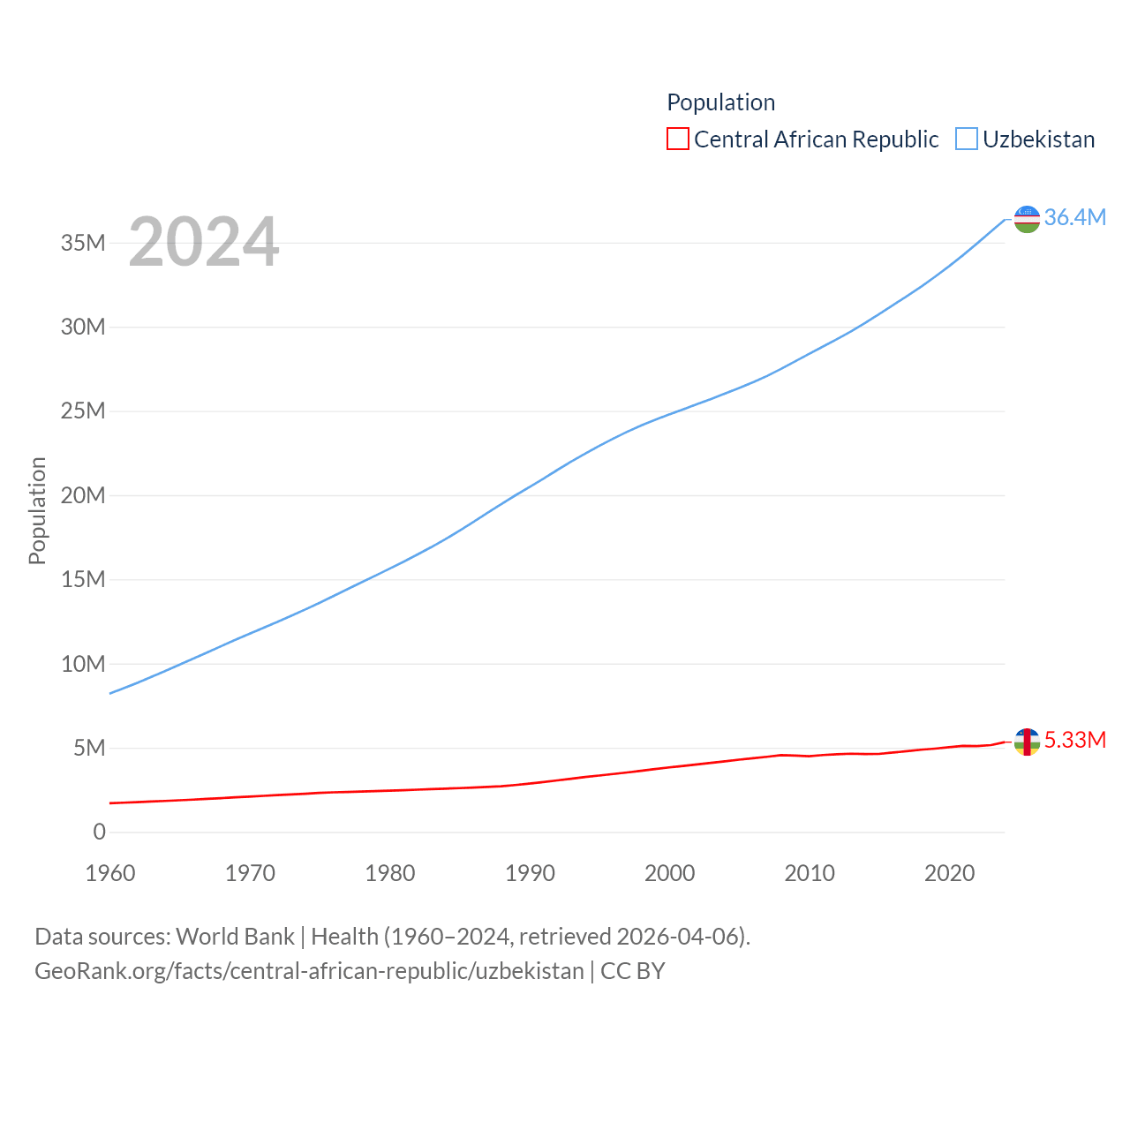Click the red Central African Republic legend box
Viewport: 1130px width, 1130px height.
point(677,139)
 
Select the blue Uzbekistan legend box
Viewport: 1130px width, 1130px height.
point(967,139)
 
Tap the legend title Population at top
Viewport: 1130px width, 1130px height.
point(720,102)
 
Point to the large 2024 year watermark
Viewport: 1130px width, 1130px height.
point(204,242)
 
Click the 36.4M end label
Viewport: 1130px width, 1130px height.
point(1074,217)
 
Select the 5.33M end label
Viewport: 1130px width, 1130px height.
point(1074,740)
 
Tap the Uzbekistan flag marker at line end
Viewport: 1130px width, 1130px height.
point(1027,219)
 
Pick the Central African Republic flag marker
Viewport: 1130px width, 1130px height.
point(1027,742)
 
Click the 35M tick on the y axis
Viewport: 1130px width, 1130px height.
point(83,243)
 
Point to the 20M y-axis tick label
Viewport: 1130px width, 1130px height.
point(83,495)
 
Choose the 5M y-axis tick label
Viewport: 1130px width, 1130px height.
point(89,749)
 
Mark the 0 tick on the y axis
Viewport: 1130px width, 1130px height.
point(99,832)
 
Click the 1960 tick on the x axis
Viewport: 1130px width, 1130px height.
point(110,873)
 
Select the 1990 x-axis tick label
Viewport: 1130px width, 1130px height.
point(530,873)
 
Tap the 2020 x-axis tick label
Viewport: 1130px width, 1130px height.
point(949,873)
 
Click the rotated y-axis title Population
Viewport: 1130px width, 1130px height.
point(37,510)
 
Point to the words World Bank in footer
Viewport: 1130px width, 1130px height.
point(235,936)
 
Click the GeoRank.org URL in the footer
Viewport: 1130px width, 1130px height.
point(309,971)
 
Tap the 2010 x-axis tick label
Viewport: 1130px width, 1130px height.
point(810,873)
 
